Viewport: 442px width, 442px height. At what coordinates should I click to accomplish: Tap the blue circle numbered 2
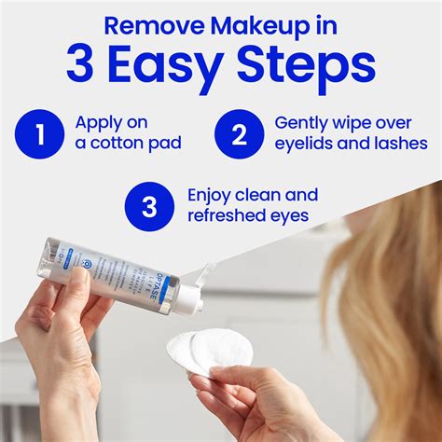(x=237, y=134)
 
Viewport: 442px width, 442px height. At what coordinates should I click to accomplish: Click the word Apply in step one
(x=97, y=123)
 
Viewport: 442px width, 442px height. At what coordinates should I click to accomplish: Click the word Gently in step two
(x=301, y=123)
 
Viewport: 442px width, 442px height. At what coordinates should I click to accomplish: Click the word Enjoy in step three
(x=210, y=196)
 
